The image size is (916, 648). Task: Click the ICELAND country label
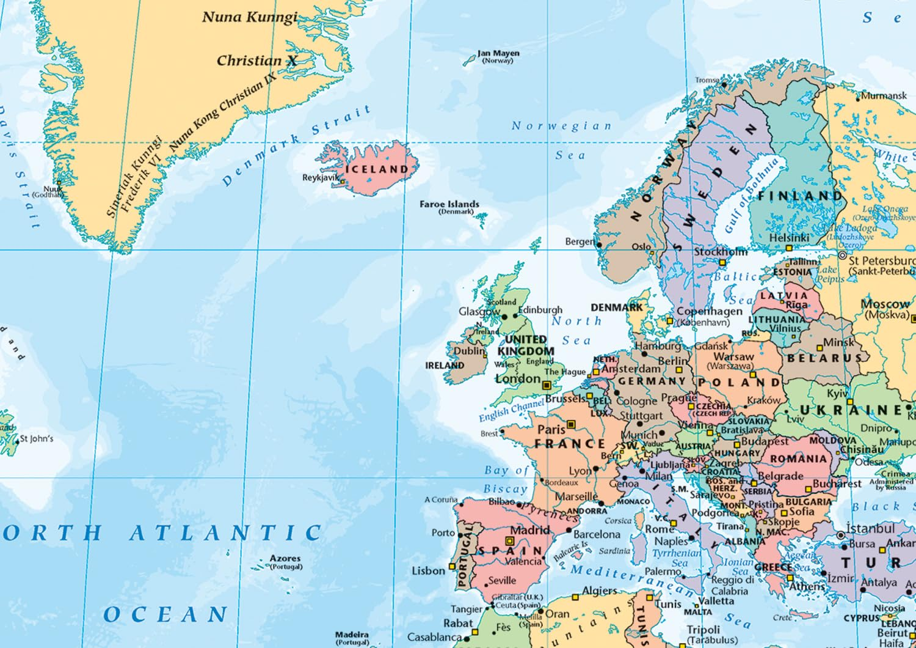[x=377, y=169]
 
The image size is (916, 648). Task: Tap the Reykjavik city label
[x=320, y=178]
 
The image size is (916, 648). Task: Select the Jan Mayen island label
[x=498, y=53]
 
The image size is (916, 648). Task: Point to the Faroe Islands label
[x=449, y=204]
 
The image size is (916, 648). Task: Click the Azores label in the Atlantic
[x=285, y=558]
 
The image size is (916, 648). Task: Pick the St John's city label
[x=37, y=438]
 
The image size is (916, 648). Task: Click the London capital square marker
[x=547, y=385]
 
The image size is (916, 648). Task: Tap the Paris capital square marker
[x=571, y=424]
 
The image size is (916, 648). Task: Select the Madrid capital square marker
[x=509, y=541]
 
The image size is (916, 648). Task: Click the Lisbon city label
[x=428, y=571]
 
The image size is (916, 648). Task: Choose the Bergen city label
[x=579, y=241]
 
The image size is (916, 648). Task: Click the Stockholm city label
[x=720, y=252]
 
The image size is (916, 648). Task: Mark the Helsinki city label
[x=789, y=238]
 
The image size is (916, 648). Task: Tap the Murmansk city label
[x=884, y=96]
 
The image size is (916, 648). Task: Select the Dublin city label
[x=468, y=352]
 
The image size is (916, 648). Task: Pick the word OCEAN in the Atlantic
[x=166, y=614]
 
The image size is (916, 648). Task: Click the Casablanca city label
[x=434, y=637]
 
